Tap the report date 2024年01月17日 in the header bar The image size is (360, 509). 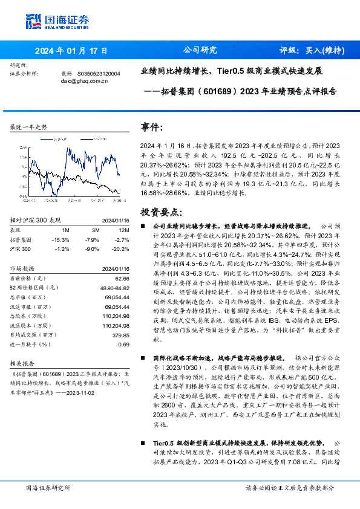pos(71,51)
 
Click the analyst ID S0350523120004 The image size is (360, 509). pos(99,73)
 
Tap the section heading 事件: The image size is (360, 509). pos(152,128)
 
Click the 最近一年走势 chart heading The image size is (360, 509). pos(28,127)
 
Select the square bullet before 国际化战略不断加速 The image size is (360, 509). pos(143,358)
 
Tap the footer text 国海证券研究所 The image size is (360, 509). pos(48,487)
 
